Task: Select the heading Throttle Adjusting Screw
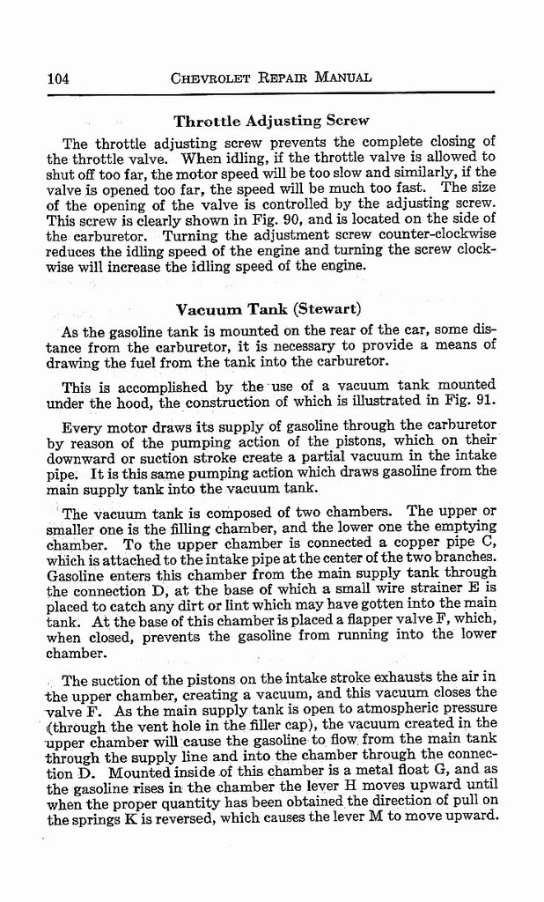pyautogui.click(x=271, y=121)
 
